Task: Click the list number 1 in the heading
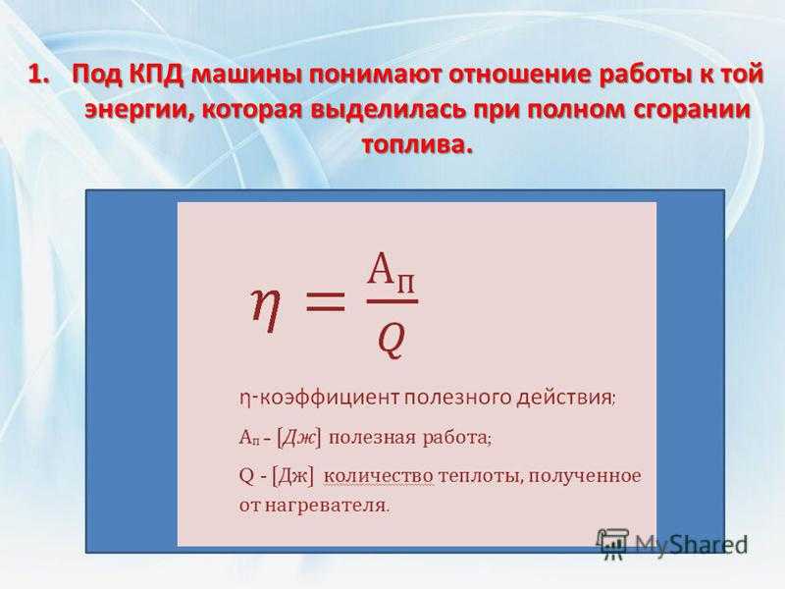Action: (38, 77)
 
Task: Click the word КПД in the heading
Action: (153, 77)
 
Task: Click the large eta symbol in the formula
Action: (265, 310)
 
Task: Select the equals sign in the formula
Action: (326, 301)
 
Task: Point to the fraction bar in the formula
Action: (392, 301)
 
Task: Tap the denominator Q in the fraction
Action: (391, 341)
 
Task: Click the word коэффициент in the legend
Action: (330, 399)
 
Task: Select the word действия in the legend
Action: (563, 399)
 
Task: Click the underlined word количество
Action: (379, 476)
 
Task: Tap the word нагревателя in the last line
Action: (325, 505)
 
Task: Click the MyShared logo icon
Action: (611, 544)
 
